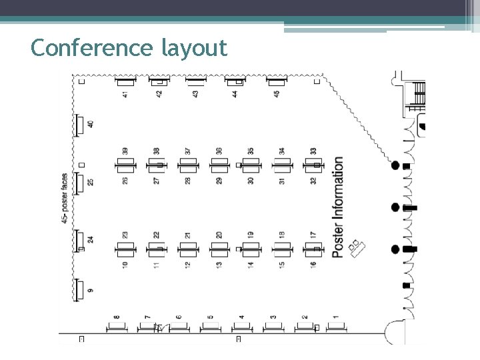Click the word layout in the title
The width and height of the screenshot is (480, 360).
[x=194, y=48]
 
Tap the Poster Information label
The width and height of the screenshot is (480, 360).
[x=338, y=207]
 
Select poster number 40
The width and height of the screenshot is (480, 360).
[x=90, y=125]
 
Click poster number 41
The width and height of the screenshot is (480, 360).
[x=125, y=93]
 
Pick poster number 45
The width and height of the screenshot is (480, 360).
[x=277, y=93]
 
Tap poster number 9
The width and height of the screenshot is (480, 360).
[x=90, y=290]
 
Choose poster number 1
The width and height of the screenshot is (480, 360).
[x=336, y=318]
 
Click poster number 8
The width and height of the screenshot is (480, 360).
[x=117, y=318]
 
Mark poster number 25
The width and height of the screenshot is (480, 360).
[x=90, y=181]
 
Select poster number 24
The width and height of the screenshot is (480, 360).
[x=90, y=238]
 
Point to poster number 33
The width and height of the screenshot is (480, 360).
[x=313, y=151]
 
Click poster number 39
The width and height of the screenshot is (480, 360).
[x=125, y=151]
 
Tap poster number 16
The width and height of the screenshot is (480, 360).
[x=313, y=265]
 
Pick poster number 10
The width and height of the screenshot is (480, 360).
[x=125, y=265]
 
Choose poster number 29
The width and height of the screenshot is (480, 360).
[x=219, y=180]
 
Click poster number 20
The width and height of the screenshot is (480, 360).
[x=219, y=235]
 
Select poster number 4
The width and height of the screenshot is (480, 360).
[x=241, y=318]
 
